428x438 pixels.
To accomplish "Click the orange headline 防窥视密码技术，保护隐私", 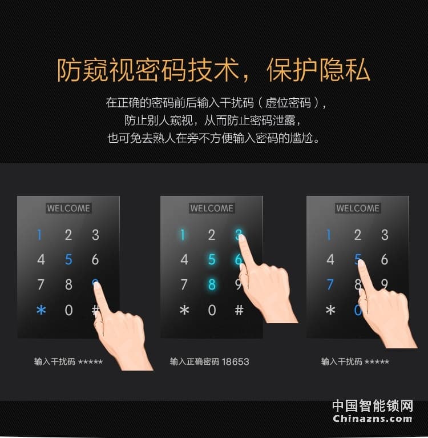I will (213, 70).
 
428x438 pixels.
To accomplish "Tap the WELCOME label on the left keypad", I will (68, 208).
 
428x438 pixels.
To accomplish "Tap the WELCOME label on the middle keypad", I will (212, 208).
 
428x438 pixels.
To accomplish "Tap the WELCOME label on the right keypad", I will (358, 208).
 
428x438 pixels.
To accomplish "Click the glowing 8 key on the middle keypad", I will (212, 284).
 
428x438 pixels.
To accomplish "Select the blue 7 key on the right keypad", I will (330, 284).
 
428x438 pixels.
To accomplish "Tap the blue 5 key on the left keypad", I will (68, 260).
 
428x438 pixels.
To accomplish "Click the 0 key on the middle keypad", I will (212, 311).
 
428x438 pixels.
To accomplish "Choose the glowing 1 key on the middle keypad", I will (183, 235).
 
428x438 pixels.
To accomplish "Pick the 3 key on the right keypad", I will (385, 235).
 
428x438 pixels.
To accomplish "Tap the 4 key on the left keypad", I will (41, 260).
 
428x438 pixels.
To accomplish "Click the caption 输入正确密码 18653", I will (209, 361).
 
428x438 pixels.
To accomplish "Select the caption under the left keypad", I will (68, 361).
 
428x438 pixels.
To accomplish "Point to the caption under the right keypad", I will (355, 361).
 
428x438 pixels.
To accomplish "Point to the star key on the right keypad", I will (330, 311).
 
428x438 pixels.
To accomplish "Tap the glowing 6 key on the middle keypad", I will (239, 260).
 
